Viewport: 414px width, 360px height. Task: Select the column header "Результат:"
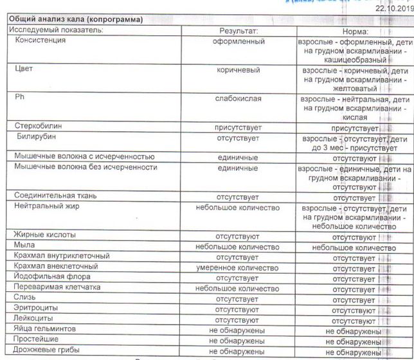tap(239, 30)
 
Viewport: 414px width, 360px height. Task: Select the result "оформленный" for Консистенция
tap(239, 40)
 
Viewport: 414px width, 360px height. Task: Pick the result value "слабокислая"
tap(239, 100)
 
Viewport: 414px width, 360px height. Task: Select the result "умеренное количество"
tap(239, 266)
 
